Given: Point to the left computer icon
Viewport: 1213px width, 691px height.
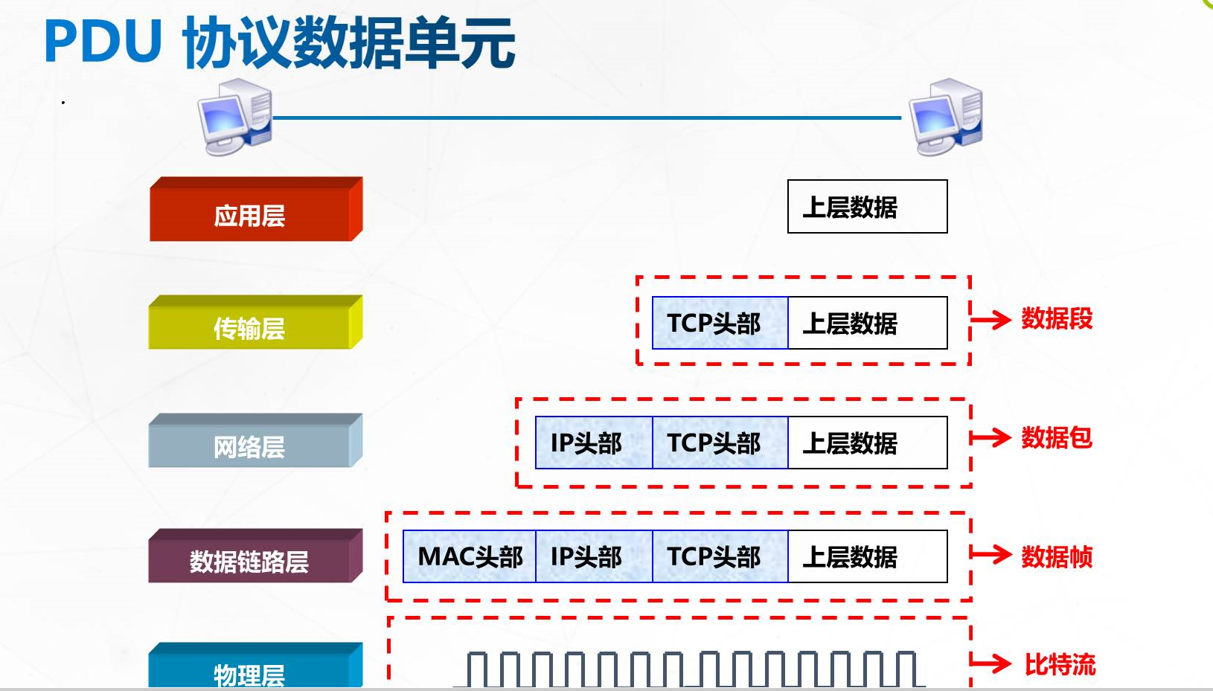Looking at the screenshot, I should [x=234, y=117].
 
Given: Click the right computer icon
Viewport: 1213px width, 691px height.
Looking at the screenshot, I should [x=947, y=117].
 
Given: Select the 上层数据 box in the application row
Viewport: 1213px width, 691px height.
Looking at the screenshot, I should [x=867, y=207].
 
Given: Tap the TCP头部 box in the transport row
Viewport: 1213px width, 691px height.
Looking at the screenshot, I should [x=720, y=323].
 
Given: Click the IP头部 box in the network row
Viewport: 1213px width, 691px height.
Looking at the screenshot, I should [x=593, y=443].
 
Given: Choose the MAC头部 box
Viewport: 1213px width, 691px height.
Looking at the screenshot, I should [x=470, y=556].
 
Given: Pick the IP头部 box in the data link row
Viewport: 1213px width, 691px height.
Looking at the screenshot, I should [x=593, y=556].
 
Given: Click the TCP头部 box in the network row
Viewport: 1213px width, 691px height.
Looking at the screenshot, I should [x=720, y=443].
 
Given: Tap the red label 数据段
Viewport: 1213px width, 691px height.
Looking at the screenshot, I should [x=1056, y=319].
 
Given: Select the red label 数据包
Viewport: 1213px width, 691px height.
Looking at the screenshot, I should [x=1056, y=437].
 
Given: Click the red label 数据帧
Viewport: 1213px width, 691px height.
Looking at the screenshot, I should [x=1056, y=556].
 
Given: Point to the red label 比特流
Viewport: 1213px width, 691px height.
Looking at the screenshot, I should [x=1059, y=664].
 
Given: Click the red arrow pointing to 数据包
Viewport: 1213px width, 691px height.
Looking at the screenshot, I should [x=990, y=437].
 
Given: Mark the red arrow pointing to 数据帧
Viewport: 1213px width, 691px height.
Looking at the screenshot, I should [x=990, y=554].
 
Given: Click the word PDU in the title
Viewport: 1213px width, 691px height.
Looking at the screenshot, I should [x=103, y=42].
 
